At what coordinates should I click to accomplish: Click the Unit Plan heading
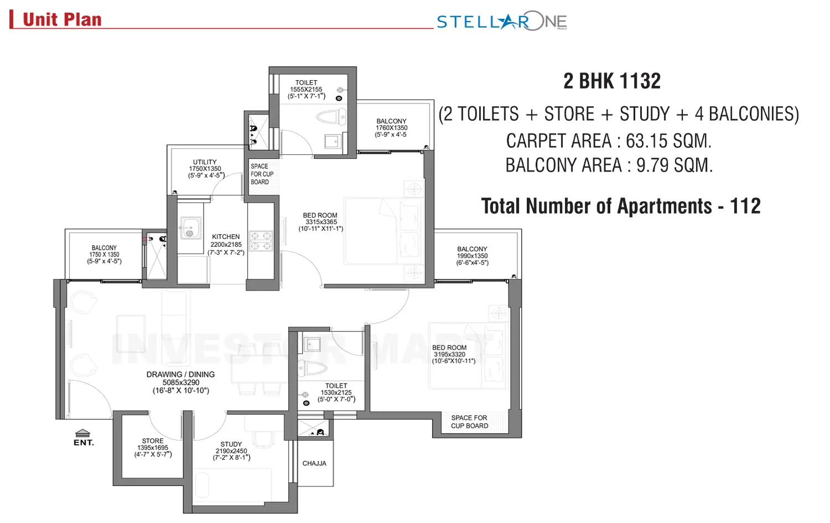tap(62, 20)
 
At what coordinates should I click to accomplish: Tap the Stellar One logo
tap(501, 22)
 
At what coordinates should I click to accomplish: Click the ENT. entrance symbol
tap(83, 437)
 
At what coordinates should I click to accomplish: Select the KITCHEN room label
tap(226, 237)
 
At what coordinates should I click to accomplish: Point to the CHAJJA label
tap(314, 463)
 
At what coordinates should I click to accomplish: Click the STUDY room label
tap(231, 444)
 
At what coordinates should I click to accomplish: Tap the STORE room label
tap(153, 441)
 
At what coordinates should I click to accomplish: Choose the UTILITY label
tap(205, 162)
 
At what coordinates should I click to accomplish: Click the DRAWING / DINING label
tap(180, 375)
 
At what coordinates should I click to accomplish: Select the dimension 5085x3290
tap(181, 382)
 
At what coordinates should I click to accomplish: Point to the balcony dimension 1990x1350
tap(472, 256)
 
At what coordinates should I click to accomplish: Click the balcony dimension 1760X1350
tap(391, 128)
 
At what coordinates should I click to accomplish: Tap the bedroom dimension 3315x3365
tap(321, 222)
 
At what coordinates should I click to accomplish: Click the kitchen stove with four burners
tap(261, 241)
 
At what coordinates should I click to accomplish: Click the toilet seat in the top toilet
tap(330, 117)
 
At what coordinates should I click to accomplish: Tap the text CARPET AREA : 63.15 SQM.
tap(609, 141)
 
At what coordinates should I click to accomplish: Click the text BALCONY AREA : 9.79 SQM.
tap(609, 165)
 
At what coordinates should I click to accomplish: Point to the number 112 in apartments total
tap(745, 206)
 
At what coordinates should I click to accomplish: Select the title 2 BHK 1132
tap(612, 81)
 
